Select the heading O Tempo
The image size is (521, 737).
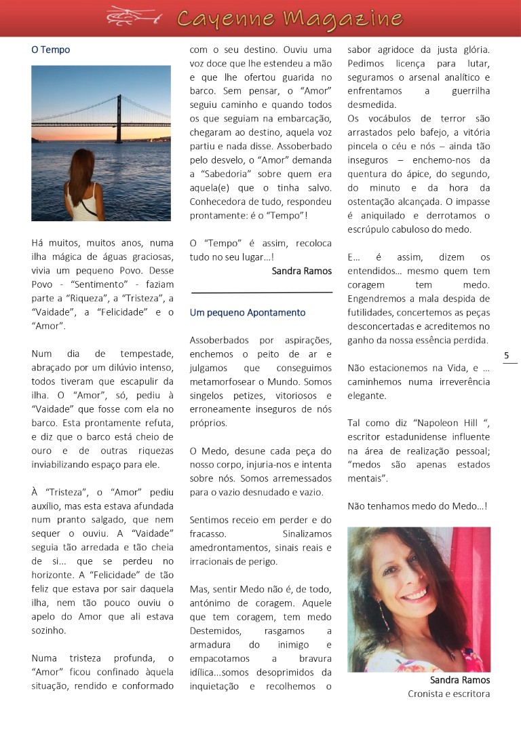click(x=50, y=50)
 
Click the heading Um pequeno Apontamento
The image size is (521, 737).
click(x=248, y=313)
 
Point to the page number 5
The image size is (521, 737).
click(x=507, y=355)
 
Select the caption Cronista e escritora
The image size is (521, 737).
click(x=448, y=694)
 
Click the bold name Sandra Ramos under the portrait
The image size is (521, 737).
click(x=460, y=680)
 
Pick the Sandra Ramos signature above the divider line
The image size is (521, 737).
click(x=301, y=271)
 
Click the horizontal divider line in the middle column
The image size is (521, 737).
click(x=262, y=292)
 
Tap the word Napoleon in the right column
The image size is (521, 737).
click(x=417, y=422)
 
